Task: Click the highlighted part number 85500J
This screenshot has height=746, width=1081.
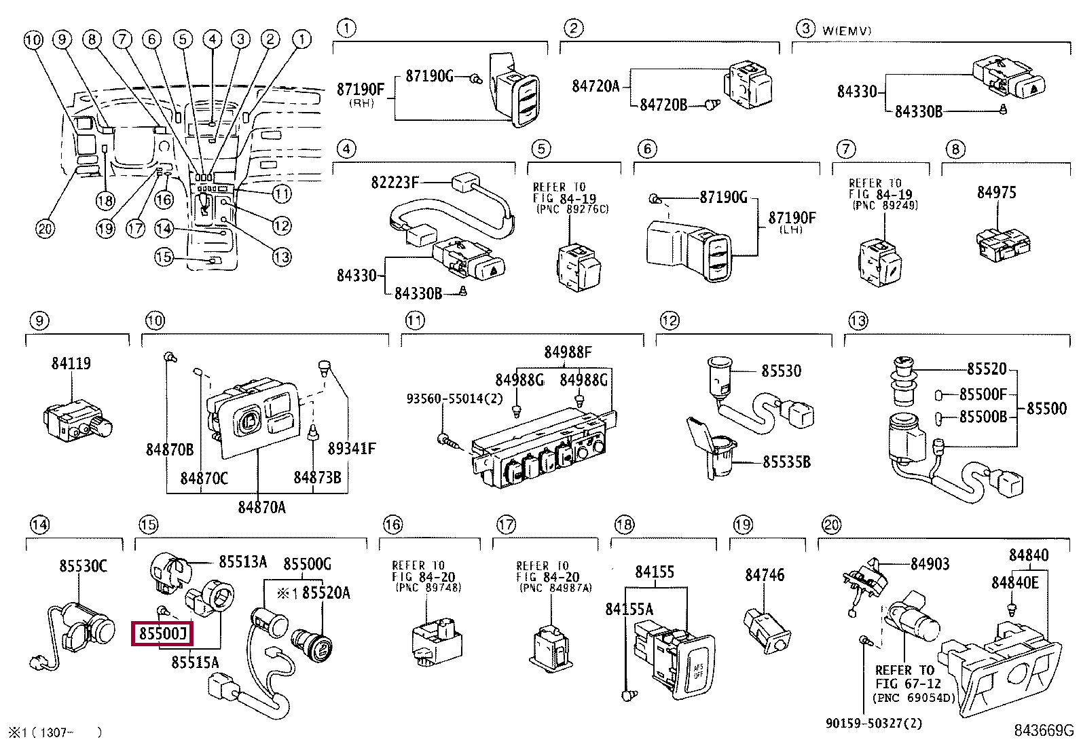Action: [162, 634]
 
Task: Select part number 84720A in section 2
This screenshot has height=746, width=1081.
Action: [596, 86]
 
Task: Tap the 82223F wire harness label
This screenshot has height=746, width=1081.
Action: [395, 182]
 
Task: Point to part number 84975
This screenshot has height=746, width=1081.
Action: [996, 193]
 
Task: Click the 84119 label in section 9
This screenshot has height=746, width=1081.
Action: [71, 364]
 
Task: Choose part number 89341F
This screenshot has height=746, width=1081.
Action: [351, 449]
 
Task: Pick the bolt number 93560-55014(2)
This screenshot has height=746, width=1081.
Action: [454, 398]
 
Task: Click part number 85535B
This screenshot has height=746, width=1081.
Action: [786, 462]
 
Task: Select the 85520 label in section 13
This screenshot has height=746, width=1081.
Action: [987, 369]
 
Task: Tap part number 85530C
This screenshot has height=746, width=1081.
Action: [83, 566]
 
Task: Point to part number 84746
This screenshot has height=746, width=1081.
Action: [765, 576]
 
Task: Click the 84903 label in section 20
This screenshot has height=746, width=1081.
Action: [930, 564]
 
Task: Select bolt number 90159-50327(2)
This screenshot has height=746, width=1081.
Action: [874, 724]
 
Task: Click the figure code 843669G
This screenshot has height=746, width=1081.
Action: [1044, 730]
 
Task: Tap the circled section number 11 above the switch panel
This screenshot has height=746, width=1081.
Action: [414, 320]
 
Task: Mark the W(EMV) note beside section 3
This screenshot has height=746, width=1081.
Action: [847, 31]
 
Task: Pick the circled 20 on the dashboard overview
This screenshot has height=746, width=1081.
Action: [45, 229]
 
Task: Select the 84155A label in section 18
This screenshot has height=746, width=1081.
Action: [629, 610]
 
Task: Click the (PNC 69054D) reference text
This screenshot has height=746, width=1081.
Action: [913, 698]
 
